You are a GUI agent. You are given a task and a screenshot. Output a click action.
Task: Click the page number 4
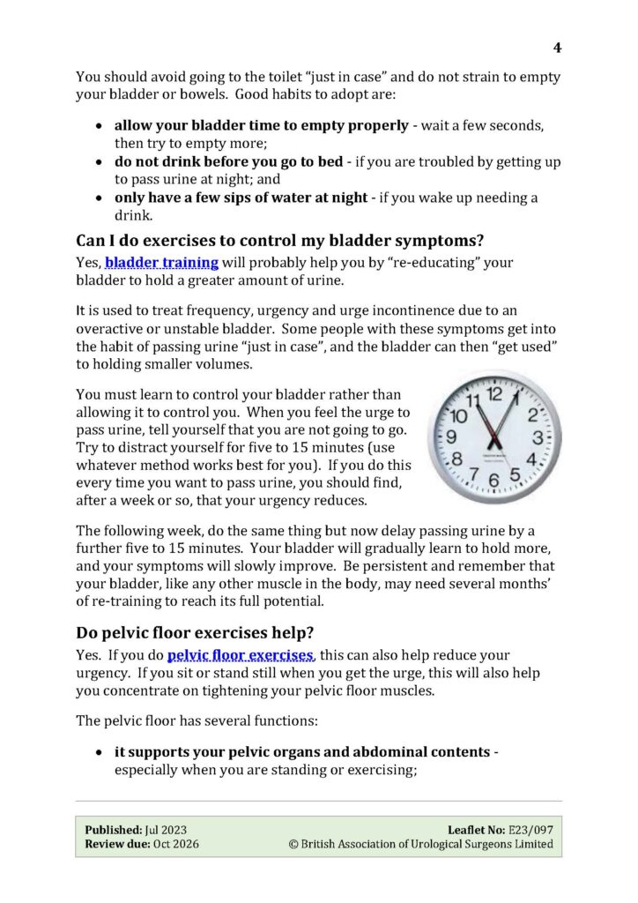[557, 48]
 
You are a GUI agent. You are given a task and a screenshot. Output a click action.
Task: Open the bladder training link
[162, 262]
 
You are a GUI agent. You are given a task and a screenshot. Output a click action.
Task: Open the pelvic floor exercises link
[240, 655]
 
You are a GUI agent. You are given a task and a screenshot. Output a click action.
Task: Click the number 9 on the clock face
[451, 437]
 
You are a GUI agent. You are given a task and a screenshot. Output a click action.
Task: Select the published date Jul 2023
[167, 830]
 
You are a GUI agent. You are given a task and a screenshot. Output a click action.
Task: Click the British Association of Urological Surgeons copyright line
[421, 844]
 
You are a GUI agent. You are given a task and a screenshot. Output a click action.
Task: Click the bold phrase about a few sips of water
[241, 198]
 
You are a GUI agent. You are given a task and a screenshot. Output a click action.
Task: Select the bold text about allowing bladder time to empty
[261, 125]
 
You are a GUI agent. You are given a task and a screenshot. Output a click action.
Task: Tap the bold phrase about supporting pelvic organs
[301, 752]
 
